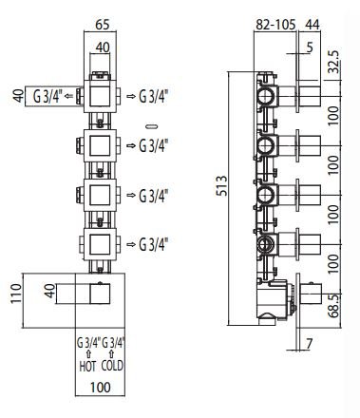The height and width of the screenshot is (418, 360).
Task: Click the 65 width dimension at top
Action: tap(102, 25)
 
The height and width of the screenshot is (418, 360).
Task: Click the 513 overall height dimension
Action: tap(222, 186)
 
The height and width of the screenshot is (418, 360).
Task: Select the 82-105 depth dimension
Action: tap(275, 25)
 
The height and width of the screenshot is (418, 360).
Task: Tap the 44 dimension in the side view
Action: tap(313, 25)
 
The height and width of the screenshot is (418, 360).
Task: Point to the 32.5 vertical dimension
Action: tap(333, 62)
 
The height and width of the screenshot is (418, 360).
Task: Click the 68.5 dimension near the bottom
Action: tap(333, 305)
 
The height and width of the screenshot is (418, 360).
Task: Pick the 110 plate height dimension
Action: tap(16, 294)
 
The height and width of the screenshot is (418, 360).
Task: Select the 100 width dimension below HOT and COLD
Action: tap(101, 388)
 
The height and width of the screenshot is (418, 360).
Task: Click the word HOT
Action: tap(87, 367)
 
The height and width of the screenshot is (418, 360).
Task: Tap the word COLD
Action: tap(112, 366)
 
